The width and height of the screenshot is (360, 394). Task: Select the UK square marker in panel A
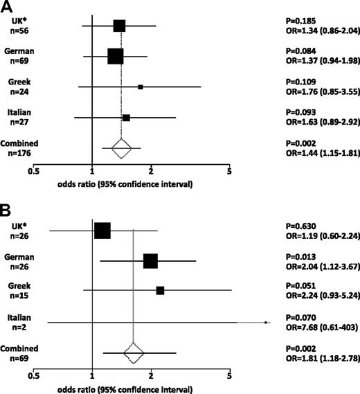tap(119, 26)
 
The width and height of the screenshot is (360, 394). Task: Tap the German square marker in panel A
tap(116, 56)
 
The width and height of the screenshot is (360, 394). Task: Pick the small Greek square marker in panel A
tap(141, 87)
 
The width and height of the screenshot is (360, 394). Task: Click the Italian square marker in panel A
tap(126, 118)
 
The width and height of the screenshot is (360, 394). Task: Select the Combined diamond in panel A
tap(121, 147)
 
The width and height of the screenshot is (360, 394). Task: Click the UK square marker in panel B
tap(102, 231)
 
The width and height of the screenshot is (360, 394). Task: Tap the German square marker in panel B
tap(150, 261)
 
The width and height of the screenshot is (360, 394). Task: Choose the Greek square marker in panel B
tap(161, 292)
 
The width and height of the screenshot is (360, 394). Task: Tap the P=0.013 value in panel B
tap(302, 256)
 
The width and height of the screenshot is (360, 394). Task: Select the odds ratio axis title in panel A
tap(123, 186)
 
